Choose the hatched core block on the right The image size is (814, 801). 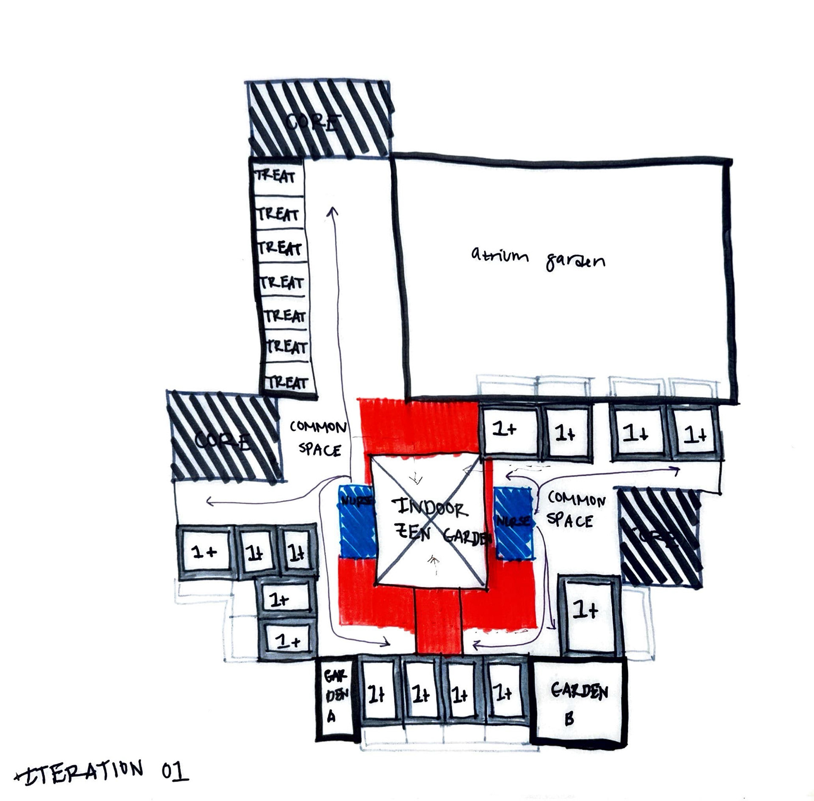[x=658, y=537]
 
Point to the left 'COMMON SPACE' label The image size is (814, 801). [x=318, y=438]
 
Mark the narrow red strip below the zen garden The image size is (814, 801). [x=438, y=621]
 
